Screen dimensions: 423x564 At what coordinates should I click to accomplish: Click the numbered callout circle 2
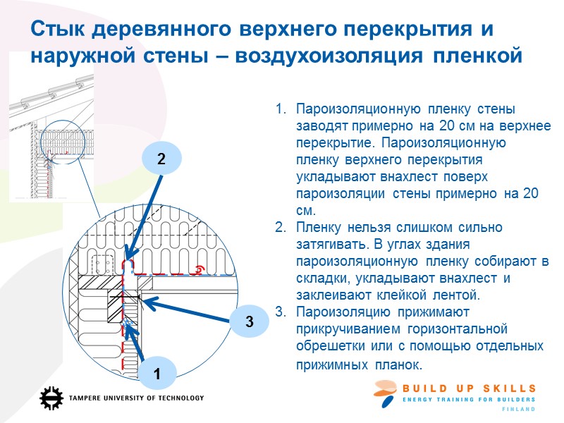click(x=161, y=159)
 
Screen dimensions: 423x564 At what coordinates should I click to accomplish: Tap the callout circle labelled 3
click(x=249, y=322)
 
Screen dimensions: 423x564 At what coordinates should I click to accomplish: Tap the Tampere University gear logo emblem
click(x=51, y=398)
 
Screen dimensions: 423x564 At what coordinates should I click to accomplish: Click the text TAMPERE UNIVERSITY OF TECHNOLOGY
click(x=136, y=398)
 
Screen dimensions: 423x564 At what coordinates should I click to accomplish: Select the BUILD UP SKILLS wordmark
click(x=469, y=388)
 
